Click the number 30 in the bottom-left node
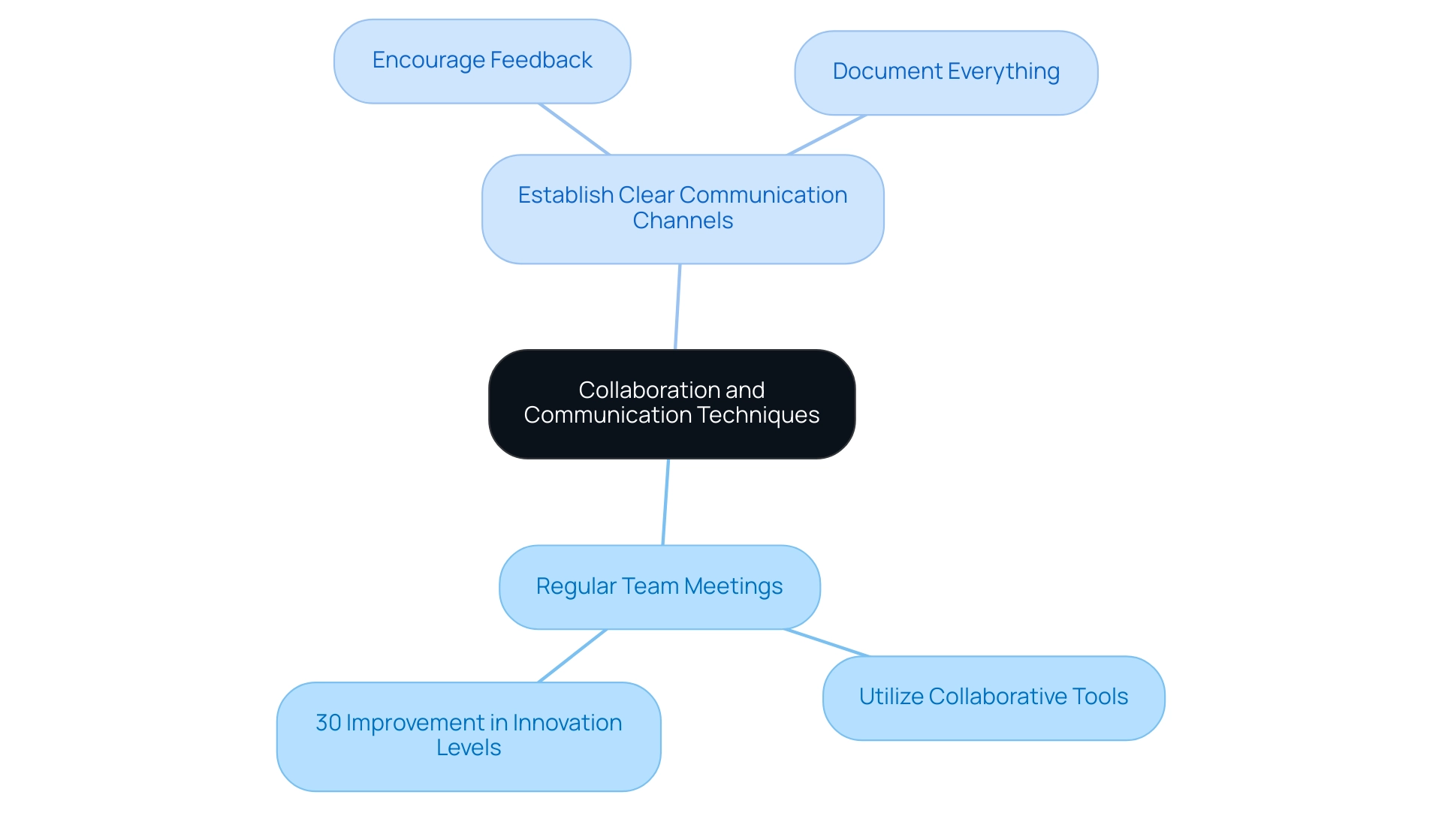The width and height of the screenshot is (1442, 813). click(x=329, y=722)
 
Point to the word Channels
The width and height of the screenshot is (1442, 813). click(x=683, y=221)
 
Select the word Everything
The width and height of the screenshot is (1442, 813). click(x=1003, y=71)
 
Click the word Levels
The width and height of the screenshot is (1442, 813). click(x=469, y=748)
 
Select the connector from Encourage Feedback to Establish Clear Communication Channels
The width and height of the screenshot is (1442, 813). click(x=574, y=129)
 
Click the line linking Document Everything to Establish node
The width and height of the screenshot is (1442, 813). click(x=826, y=135)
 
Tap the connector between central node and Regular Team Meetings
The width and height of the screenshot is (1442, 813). click(x=665, y=501)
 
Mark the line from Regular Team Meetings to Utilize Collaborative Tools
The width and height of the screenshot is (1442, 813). click(x=826, y=643)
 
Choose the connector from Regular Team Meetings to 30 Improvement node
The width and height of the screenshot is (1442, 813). click(x=572, y=655)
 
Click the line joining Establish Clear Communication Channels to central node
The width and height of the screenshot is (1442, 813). click(x=677, y=306)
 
